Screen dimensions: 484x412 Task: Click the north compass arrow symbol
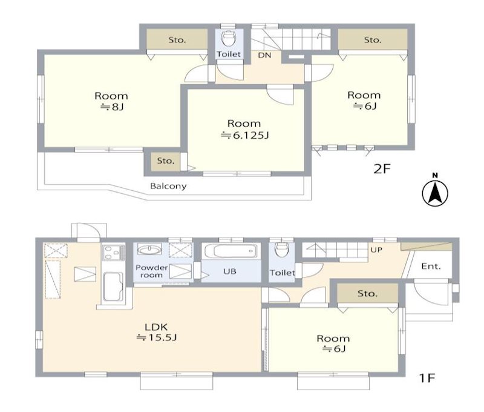(435, 191)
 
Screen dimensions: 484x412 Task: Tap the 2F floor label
(382, 169)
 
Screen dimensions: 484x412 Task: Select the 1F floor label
(427, 377)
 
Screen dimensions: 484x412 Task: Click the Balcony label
(168, 186)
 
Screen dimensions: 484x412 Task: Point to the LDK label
(156, 327)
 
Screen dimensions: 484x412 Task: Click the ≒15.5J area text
(157, 337)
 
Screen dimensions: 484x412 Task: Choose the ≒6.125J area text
(245, 135)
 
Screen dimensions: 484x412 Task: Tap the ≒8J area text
(111, 107)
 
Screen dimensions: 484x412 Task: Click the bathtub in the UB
(231, 251)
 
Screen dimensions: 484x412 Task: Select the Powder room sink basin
(149, 249)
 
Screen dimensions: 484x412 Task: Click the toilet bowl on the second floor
(229, 38)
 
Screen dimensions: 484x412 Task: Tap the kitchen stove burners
(114, 253)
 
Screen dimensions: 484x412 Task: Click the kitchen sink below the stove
(113, 287)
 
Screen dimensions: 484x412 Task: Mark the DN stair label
(264, 55)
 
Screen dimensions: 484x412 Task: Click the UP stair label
(376, 250)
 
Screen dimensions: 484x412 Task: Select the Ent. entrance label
(431, 266)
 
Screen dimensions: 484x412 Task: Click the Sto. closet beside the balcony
(166, 161)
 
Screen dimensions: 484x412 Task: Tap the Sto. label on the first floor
(367, 293)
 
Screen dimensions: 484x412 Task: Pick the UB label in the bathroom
(230, 271)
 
